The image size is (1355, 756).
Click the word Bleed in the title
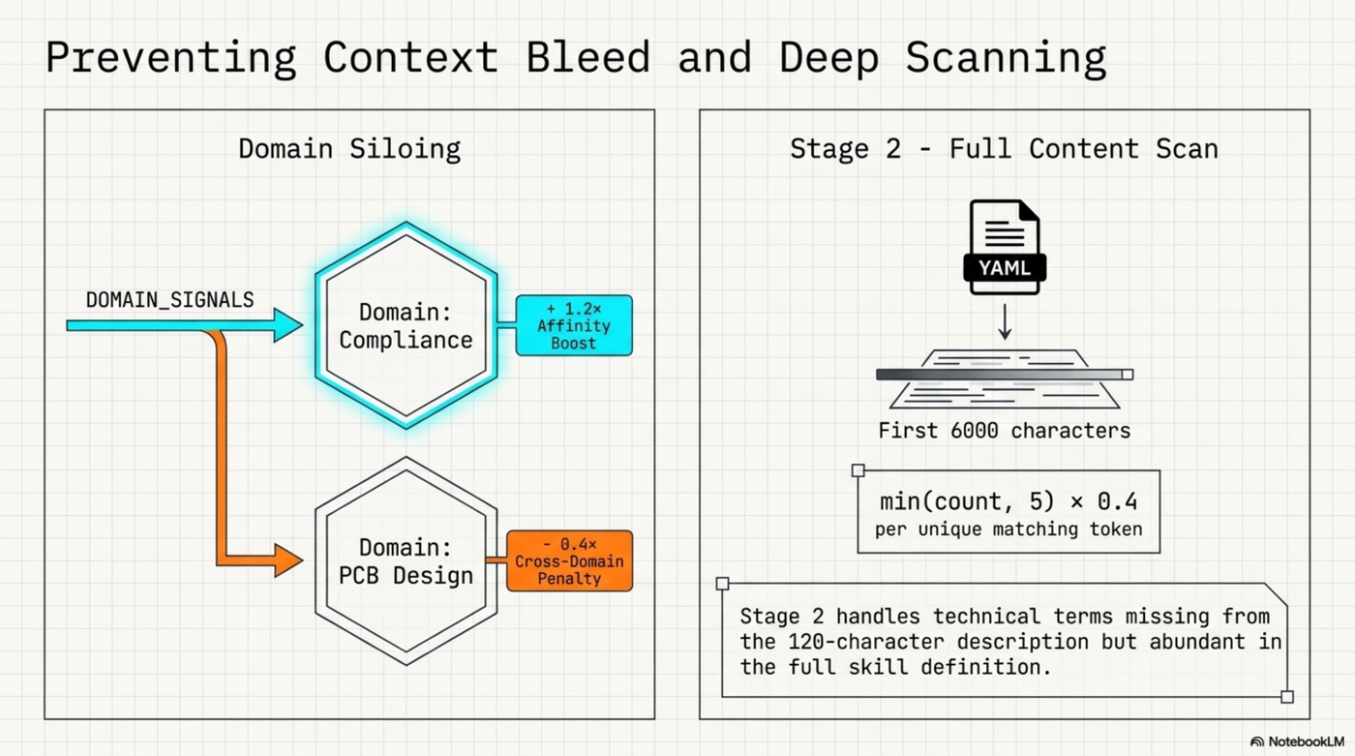[x=587, y=58]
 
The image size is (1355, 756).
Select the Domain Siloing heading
[x=349, y=149]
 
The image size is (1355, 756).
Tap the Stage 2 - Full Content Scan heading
[x=1004, y=149]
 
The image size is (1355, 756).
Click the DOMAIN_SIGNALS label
[x=169, y=300]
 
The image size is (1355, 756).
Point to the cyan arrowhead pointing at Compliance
[x=288, y=325]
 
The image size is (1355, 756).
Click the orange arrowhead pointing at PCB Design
[x=288, y=560]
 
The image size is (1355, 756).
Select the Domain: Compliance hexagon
[x=406, y=325]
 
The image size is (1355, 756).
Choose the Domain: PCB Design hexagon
[x=406, y=560]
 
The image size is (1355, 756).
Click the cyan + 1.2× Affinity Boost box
[x=573, y=325]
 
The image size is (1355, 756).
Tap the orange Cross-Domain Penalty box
[x=570, y=560]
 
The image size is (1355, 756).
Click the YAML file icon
[x=1004, y=247]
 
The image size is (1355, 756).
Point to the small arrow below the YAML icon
[x=1005, y=322]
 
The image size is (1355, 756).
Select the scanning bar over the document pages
[x=1004, y=375]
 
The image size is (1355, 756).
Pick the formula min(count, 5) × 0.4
[x=1008, y=501]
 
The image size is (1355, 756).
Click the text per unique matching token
[x=1008, y=529]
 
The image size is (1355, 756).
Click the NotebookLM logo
[x=1297, y=741]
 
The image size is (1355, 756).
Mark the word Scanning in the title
[x=1006, y=58]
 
